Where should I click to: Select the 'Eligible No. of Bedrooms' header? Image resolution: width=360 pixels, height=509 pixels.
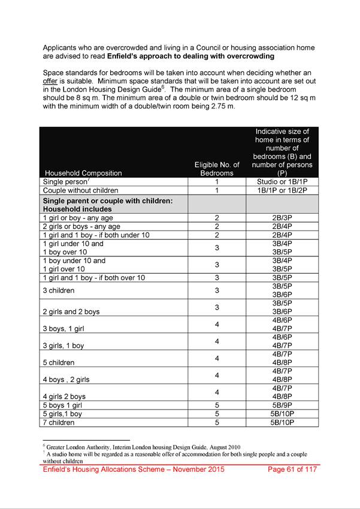click(217, 169)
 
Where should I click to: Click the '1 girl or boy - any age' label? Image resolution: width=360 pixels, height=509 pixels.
click(81, 218)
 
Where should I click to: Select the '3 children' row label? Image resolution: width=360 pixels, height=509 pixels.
click(59, 290)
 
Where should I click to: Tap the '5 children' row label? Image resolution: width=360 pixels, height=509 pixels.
click(59, 362)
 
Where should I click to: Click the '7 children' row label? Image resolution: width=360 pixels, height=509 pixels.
click(59, 422)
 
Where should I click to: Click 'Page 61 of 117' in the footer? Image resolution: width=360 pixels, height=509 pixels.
click(291, 469)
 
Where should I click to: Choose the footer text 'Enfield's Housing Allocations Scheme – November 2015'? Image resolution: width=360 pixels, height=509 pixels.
click(133, 469)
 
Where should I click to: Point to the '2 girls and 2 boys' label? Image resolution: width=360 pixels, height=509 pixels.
click(71, 311)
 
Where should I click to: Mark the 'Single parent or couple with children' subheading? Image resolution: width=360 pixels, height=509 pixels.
click(108, 201)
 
